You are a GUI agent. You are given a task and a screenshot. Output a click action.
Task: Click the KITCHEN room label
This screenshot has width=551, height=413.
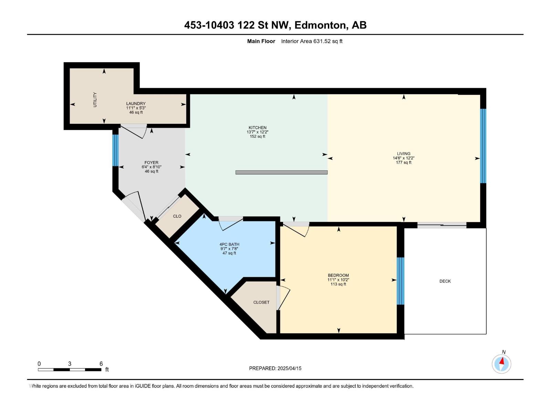258,128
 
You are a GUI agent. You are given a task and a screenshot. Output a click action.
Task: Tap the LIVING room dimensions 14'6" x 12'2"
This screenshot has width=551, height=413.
404,158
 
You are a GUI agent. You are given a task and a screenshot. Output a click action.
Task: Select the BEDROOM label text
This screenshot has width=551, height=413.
338,275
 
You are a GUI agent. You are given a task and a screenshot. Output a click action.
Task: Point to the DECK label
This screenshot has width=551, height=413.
445,281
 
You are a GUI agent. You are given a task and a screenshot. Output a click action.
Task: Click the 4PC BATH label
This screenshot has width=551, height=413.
229,244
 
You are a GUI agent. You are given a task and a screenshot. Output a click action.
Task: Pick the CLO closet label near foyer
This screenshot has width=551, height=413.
177,216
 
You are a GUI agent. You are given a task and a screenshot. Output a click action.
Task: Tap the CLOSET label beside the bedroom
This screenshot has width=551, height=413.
261,302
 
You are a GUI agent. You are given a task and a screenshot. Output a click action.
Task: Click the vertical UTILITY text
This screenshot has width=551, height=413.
95,99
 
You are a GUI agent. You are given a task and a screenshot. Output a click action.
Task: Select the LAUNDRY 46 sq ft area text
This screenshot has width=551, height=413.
136,113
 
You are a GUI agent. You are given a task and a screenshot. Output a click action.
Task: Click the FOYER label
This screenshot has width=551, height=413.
152,162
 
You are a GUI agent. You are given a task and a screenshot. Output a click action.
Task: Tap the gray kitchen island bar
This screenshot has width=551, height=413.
281,172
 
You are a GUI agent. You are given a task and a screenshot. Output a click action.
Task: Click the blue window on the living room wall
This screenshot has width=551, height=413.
483,146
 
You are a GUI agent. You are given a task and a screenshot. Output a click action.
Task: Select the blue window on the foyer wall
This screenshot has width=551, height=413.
115,150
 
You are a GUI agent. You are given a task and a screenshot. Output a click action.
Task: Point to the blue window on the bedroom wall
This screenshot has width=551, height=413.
400,281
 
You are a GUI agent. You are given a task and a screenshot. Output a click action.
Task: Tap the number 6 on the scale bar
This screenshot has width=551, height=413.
101,364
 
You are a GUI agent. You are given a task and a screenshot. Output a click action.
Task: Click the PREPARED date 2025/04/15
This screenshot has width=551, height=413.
289,368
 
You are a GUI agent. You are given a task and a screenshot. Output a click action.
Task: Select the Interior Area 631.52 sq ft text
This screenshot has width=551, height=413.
312,41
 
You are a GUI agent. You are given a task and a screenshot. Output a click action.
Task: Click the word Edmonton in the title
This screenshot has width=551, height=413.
320,25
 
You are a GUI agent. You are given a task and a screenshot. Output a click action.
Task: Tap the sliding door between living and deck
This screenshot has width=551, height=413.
442,225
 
